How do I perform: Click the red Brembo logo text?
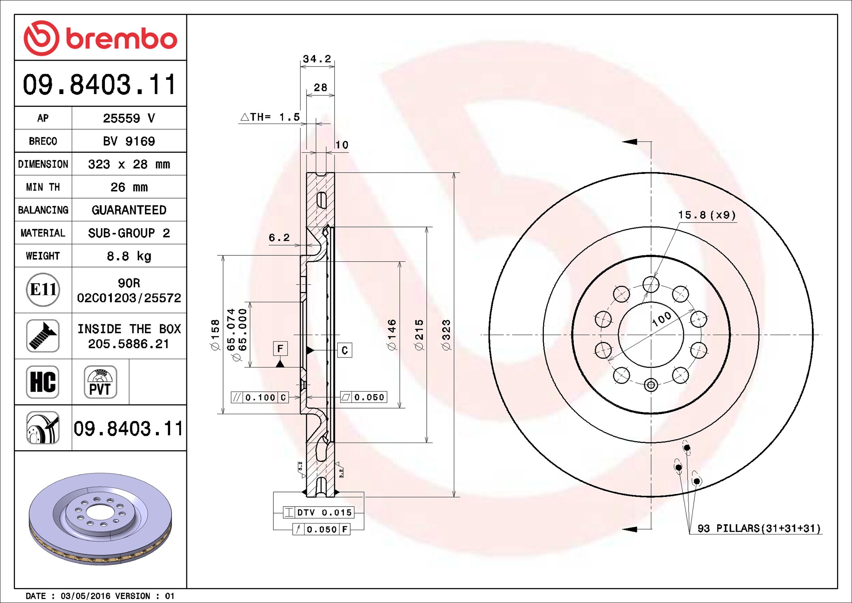pos(121,39)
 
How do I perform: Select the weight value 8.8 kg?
pos(129,256)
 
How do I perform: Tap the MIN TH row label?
pos(43,187)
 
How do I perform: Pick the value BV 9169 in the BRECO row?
pos(129,141)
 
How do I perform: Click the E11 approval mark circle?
pos(43,290)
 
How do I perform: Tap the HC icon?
pos(43,382)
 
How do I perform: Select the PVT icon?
pos(100,382)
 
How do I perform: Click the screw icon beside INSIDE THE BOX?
pos(43,336)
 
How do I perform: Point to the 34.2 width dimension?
pos(317,59)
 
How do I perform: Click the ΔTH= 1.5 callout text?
pos(270,117)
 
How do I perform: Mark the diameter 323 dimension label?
pos(446,335)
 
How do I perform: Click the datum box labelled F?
pos(280,349)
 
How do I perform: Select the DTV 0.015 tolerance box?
pos(319,513)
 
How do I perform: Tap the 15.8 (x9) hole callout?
pos(707,215)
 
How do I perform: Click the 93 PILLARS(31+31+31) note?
pos(759,528)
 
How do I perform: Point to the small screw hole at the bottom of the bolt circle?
pos(651,385)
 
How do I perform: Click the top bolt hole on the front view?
pos(651,284)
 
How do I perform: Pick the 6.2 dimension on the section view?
pos(279,237)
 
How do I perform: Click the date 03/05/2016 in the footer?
pos(85,596)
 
